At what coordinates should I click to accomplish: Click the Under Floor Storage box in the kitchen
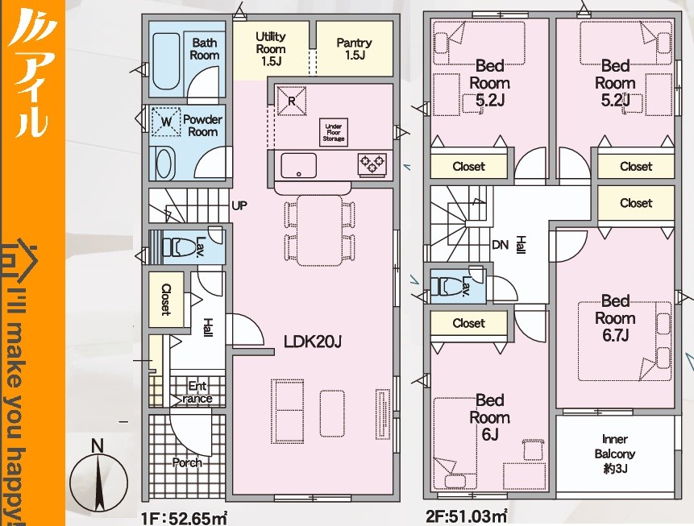pos(333,132)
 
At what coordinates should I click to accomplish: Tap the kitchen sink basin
pos(299,165)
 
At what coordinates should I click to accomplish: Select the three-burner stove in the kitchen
pos(372,164)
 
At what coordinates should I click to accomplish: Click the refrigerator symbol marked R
pos(291,101)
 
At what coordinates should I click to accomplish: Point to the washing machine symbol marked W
pos(165,121)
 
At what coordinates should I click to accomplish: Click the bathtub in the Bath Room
pos(166,61)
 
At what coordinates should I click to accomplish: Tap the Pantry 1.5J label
pos(354,48)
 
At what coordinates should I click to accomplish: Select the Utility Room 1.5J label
pos(271,48)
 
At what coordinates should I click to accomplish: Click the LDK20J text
pos(313,342)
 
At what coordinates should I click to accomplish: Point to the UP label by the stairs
pos(239,205)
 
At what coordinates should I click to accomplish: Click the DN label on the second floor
pos(500,244)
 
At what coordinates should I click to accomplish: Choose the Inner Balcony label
pos(615,454)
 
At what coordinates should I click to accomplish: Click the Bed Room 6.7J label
pos(615,318)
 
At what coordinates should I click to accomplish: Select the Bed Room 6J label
pos(489,417)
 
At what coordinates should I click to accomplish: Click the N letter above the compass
pos(98,446)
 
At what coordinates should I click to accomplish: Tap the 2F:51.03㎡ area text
pos(467,516)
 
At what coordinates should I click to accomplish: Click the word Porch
pos(187,462)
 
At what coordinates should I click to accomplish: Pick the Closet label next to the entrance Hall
pos(166,300)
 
